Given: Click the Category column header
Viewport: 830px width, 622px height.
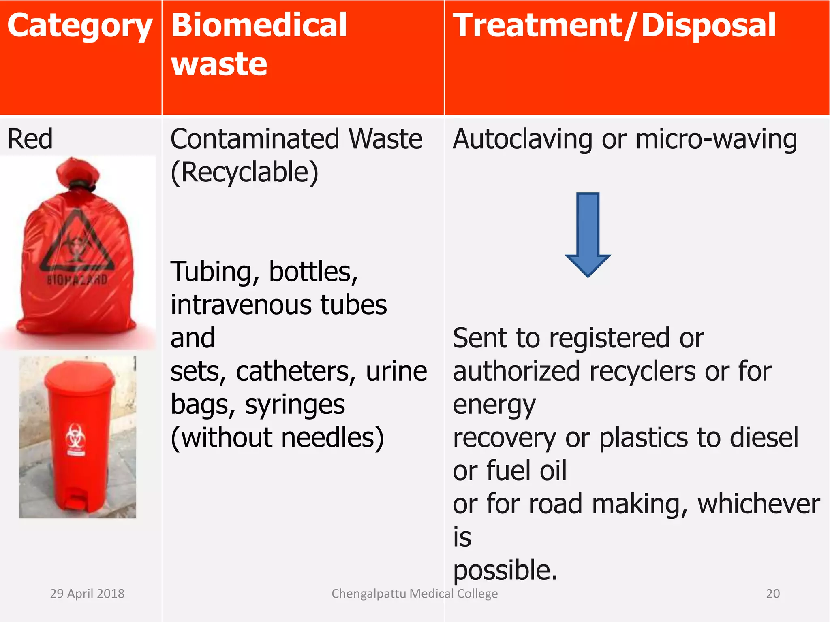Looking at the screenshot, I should click(79, 26).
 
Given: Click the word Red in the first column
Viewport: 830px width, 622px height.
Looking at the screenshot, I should click(30, 139).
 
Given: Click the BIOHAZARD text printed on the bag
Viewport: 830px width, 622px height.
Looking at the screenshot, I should click(77, 279).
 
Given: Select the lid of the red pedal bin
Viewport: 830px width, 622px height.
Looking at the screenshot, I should click(79, 379).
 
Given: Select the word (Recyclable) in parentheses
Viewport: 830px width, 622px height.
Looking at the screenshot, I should click(244, 173).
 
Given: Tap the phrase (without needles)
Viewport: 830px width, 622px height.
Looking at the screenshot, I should click(277, 438).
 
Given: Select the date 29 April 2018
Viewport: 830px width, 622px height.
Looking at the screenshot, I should click(87, 593).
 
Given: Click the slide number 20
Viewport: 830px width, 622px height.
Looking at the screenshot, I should click(772, 593).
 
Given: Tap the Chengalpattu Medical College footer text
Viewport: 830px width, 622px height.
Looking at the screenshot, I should click(414, 593).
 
